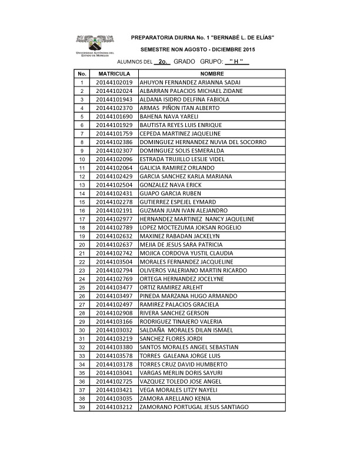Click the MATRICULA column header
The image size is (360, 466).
coord(114,74)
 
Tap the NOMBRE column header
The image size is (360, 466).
coord(212,74)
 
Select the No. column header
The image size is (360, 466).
coord(82,74)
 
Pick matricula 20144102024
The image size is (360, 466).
coord(114,91)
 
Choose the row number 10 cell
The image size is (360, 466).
coord(82,159)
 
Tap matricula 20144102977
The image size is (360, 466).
coord(114,219)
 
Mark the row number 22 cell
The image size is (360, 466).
coord(82,261)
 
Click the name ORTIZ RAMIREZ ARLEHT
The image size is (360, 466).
coord(169,287)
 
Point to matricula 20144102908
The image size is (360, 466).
coord(114,313)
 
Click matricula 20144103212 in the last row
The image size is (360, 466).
coord(114,407)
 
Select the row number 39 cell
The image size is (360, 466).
coord(82,407)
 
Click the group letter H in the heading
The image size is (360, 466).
coord(235,61)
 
